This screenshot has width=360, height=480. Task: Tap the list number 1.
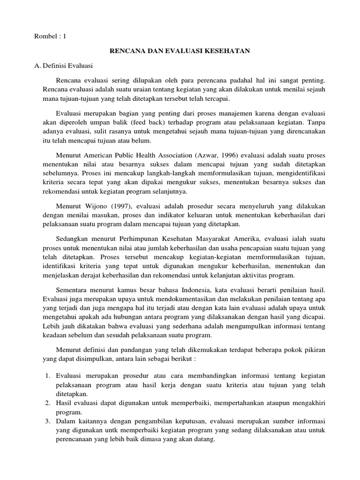coord(48,377)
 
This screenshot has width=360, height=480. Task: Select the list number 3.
coord(48,421)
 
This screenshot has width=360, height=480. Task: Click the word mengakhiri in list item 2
coord(309,403)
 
